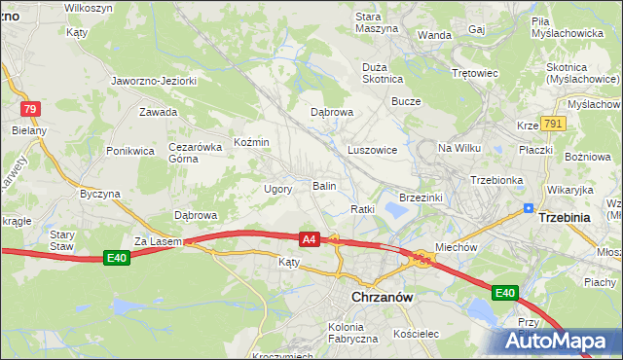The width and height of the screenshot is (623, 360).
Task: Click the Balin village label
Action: click(324, 185)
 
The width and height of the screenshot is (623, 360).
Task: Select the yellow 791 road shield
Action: click(554, 124)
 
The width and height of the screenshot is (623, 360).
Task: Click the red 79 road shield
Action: click(30, 109)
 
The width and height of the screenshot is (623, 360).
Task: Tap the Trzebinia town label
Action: click(564, 218)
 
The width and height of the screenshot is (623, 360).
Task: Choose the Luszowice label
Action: click(372, 151)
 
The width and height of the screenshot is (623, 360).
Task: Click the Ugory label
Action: click(278, 189)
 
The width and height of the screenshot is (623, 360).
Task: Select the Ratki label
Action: click(362, 209)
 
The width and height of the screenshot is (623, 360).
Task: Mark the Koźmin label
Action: click(251, 143)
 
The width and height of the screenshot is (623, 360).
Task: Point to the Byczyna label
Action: click(99, 194)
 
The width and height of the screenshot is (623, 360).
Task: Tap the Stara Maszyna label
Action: click(377, 22)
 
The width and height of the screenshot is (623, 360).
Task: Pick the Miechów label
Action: click(456, 247)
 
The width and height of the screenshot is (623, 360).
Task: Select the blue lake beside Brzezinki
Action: click(397, 207)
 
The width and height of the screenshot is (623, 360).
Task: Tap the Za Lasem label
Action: click(153, 240)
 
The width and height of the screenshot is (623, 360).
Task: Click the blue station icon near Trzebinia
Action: click(528, 207)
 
